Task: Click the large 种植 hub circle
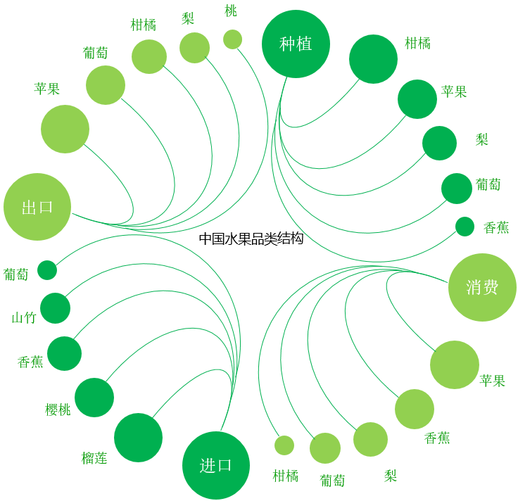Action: (296, 44)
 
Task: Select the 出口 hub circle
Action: (37, 207)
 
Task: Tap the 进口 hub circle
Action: (216, 465)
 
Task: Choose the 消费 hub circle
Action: (482, 287)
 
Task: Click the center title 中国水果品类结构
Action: (251, 239)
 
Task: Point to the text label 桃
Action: (231, 11)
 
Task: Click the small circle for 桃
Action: (232, 39)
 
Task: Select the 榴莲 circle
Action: (138, 438)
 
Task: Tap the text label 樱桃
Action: (58, 410)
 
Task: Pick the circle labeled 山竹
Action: (55, 308)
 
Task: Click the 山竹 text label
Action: (24, 318)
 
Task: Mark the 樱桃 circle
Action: (94, 398)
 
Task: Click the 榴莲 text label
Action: (94, 458)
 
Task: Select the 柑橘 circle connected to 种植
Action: (373, 59)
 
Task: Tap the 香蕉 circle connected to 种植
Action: (465, 227)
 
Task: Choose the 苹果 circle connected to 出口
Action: (65, 129)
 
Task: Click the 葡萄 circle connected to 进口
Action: (47, 270)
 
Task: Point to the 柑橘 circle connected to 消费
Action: (284, 445)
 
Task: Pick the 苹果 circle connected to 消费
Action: (455, 365)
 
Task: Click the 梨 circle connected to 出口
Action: (194, 48)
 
